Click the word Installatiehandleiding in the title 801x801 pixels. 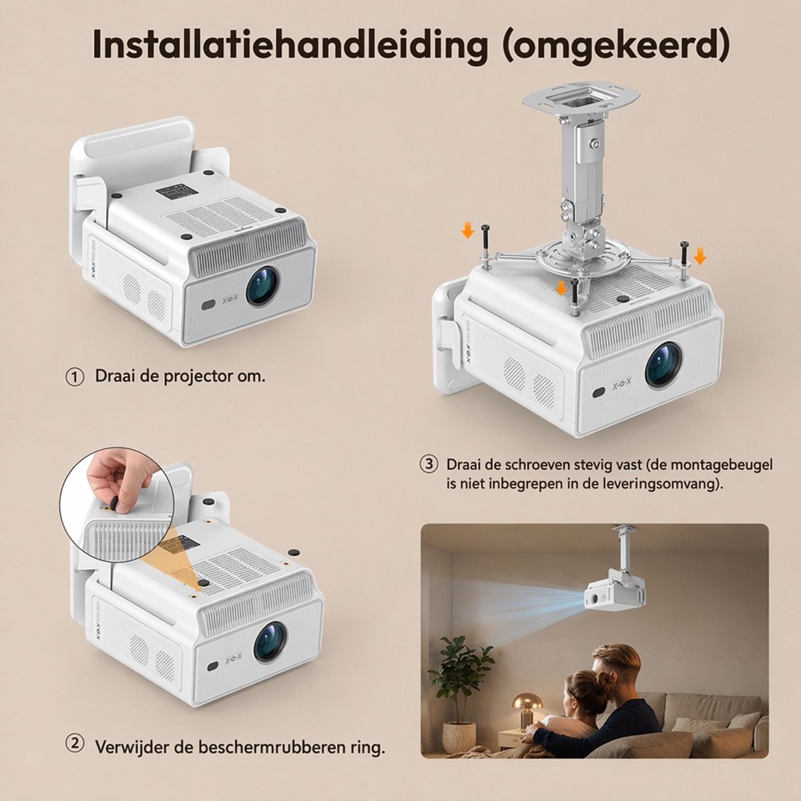pos(290,45)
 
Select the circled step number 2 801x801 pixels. pos(75,743)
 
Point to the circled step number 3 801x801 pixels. pos(429,465)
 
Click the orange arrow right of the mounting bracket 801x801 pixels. pos(700,256)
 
